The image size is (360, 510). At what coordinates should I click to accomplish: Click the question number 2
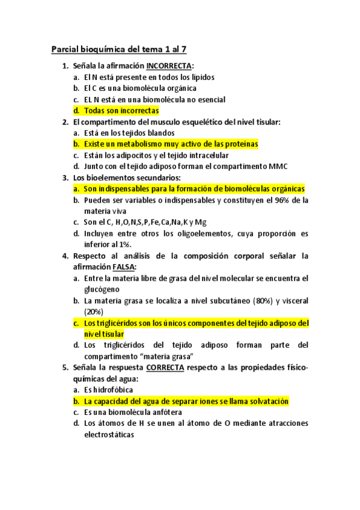point(65,122)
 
